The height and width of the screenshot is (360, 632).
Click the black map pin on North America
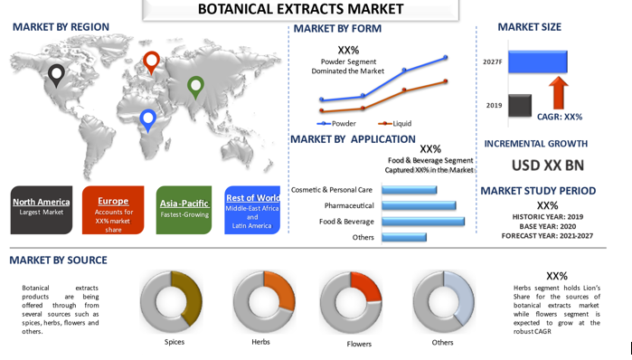click(x=56, y=75)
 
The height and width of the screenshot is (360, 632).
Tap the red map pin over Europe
click(x=151, y=62)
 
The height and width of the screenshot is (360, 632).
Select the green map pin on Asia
click(x=195, y=87)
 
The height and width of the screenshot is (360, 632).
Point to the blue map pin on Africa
click(x=148, y=120)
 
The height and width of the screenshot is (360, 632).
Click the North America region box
click(x=42, y=210)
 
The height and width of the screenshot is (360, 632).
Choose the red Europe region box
click(x=113, y=210)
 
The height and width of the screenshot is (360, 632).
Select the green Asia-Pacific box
click(x=184, y=210)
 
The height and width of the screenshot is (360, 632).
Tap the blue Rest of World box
click(x=252, y=210)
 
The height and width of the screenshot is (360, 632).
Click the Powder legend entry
click(x=336, y=123)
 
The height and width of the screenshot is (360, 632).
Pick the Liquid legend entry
click(x=394, y=123)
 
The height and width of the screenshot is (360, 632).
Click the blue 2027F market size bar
click(x=538, y=62)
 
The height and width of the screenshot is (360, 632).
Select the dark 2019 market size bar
click(x=520, y=106)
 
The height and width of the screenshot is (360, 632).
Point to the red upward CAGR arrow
click(x=558, y=93)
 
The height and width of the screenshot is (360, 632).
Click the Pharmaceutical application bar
click(x=419, y=205)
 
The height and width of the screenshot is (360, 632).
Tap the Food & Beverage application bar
click(x=423, y=222)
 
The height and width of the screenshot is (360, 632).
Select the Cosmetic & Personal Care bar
click(x=409, y=190)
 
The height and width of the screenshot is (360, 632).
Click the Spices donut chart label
click(x=175, y=342)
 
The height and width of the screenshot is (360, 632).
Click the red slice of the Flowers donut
click(x=368, y=285)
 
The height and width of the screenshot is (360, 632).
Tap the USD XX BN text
click(x=548, y=166)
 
